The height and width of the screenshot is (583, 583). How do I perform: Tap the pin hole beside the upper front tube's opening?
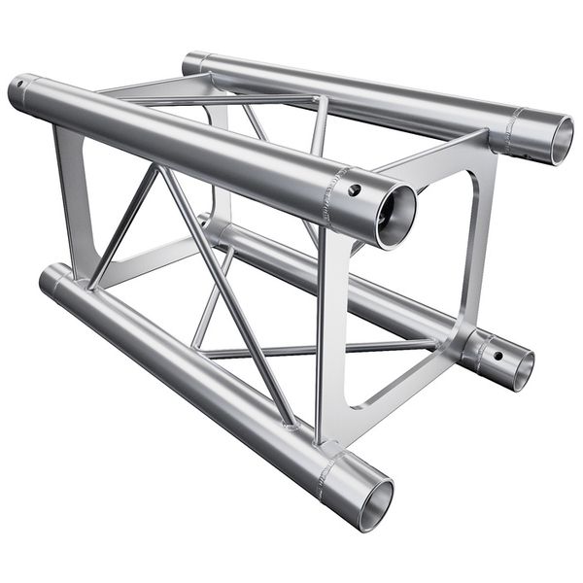[356, 190]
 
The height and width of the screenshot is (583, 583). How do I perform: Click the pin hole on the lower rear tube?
[497, 356]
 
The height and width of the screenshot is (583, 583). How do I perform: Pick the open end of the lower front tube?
[374, 502]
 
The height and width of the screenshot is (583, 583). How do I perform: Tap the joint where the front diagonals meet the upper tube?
[157, 167]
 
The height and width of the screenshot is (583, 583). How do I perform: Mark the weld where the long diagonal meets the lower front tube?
[290, 424]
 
